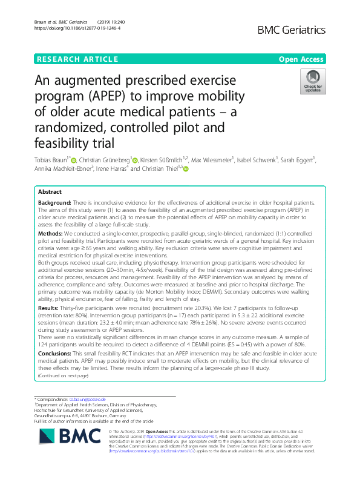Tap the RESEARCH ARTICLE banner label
77,59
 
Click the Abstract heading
50,191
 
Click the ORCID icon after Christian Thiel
186,170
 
